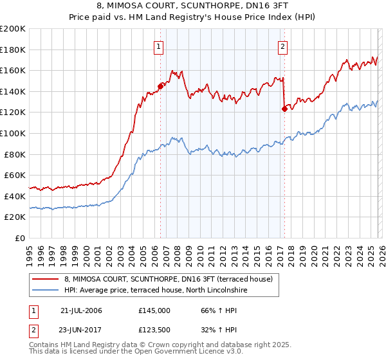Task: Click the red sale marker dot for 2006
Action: point(160,85)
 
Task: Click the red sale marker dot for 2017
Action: point(284,109)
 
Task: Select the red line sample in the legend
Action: point(45,279)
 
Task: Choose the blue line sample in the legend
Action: point(45,291)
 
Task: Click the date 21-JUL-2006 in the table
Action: point(81,310)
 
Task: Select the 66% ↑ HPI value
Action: point(210,310)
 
